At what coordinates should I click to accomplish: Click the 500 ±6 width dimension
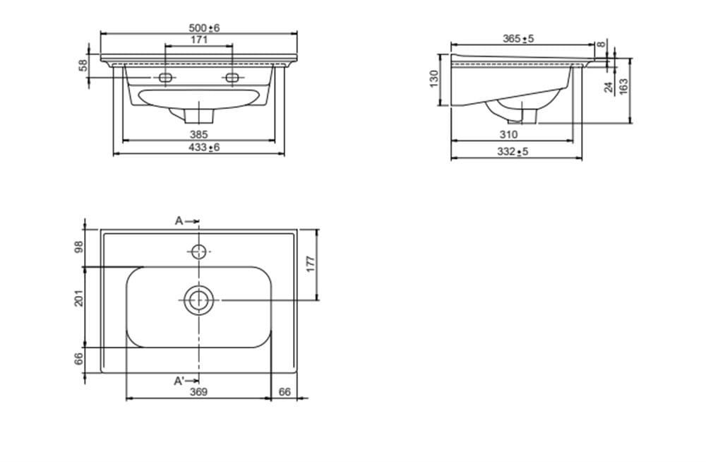(204, 28)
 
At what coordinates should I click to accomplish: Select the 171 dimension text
(199, 40)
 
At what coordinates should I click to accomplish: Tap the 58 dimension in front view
(83, 66)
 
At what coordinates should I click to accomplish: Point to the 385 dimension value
(198, 134)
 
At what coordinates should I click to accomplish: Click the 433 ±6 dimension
(204, 148)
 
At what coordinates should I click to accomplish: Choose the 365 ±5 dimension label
(518, 39)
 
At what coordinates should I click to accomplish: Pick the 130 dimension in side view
(434, 79)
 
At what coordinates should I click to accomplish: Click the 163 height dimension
(623, 87)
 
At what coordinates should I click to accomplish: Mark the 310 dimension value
(509, 134)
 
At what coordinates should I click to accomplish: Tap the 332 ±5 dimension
(513, 152)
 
